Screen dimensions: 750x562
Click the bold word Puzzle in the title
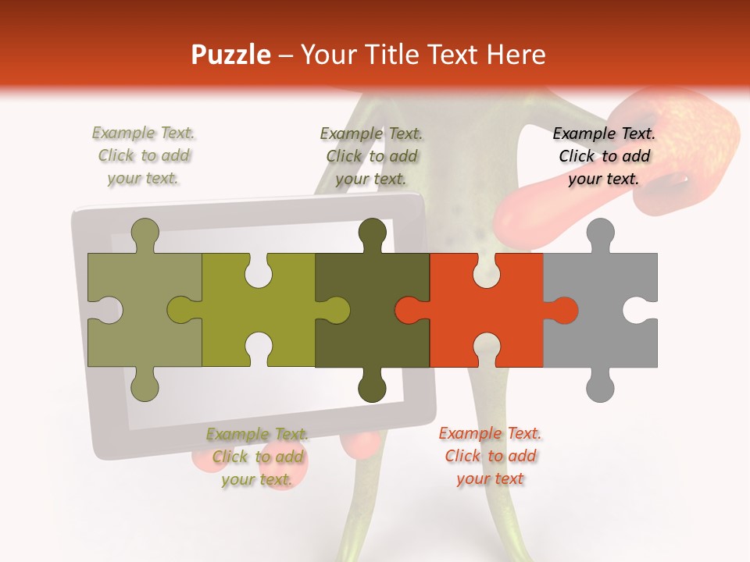231,55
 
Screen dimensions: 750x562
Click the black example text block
604,156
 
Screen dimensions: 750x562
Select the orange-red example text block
490,455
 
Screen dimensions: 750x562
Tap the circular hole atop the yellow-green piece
259,273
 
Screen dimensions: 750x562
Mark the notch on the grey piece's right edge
638,310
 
